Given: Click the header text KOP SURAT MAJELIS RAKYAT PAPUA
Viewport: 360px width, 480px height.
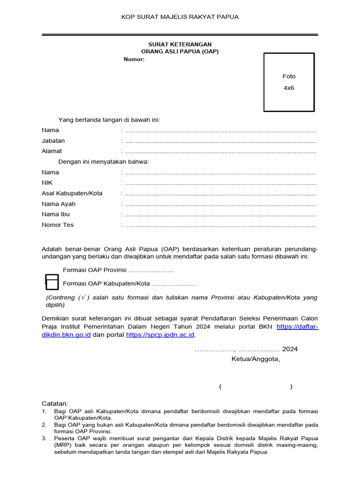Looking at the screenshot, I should pyautogui.click(x=180, y=17).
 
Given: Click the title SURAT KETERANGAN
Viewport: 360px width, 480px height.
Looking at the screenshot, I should pyautogui.click(x=180, y=44).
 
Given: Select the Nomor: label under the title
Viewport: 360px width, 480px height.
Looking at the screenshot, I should pyautogui.click(x=134, y=59).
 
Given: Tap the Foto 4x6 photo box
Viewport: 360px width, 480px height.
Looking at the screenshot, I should pyautogui.click(x=289, y=82).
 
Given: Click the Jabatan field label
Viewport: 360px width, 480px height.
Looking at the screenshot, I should pyautogui.click(x=53, y=141).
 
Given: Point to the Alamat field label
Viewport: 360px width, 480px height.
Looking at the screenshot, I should pyautogui.click(x=52, y=151).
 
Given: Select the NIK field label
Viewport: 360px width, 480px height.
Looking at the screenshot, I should pyautogui.click(x=47, y=183).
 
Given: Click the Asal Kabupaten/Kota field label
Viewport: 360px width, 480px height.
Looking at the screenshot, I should pyautogui.click(x=72, y=193).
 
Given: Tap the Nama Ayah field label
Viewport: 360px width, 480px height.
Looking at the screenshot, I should pyautogui.click(x=59, y=204).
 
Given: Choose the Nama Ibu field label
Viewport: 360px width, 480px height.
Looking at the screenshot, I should pyautogui.click(x=56, y=214).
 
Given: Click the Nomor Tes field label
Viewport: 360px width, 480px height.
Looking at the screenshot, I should pyautogui.click(x=58, y=225).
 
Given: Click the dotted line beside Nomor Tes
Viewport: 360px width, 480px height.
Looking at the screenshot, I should pyautogui.click(x=220, y=225).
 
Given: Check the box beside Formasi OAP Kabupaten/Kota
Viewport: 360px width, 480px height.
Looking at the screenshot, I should pyautogui.click(x=52, y=283).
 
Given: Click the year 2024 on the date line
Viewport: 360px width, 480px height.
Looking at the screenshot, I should pyautogui.click(x=290, y=349).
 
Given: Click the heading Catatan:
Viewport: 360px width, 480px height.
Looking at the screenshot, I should pyautogui.click(x=55, y=403).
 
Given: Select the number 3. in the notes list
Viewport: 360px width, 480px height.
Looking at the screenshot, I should pyautogui.click(x=44, y=438).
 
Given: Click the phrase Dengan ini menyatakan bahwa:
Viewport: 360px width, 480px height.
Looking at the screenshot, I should pyautogui.click(x=104, y=162).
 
